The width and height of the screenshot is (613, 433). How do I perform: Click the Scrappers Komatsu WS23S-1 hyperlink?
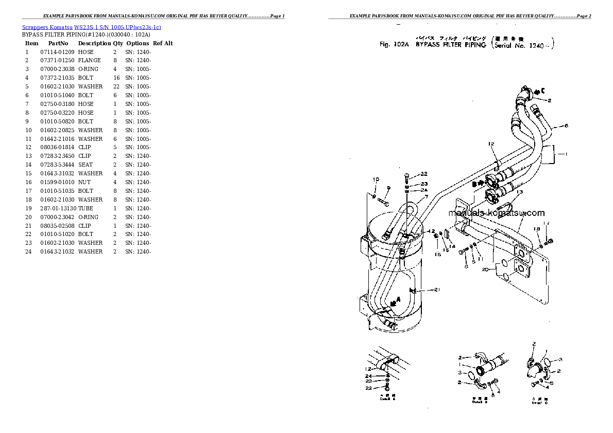92,27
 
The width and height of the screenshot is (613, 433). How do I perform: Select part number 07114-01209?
57,52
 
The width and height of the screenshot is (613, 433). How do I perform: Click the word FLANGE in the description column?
89,61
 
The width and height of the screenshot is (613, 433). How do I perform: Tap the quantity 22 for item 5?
116,86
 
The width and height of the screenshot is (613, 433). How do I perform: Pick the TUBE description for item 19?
86,208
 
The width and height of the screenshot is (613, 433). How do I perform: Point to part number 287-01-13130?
58,208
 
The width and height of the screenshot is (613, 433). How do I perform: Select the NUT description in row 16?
84,182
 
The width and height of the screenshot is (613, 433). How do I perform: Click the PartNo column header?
58,43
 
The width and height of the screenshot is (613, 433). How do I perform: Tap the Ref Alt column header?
163,43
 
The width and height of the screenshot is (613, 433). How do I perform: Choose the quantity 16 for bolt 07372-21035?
116,78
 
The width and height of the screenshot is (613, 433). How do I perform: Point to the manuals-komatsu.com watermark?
496,213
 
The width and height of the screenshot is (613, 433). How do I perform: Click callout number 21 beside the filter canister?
437,290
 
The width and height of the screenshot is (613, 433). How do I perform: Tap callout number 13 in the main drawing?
519,192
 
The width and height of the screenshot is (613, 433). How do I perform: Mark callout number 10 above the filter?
376,179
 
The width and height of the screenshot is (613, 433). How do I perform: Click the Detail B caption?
480,402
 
